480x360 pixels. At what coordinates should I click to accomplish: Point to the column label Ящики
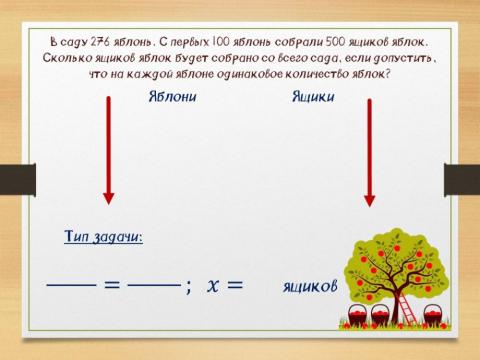pos(313,97)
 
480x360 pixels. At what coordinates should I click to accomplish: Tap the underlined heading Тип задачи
pos(103,237)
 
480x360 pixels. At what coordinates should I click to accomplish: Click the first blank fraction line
pos(72,284)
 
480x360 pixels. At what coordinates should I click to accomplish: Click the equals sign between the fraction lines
pos(112,284)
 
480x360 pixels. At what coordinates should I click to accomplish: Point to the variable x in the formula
pos(212,285)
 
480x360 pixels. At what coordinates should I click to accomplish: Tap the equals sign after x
pos(234,284)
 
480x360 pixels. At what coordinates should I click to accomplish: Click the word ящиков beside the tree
pos(310,286)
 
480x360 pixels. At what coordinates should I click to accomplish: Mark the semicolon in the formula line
pos(188,286)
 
